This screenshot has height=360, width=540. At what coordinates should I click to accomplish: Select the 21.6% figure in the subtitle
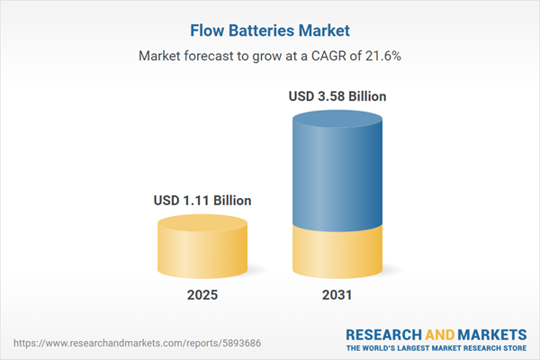pyautogui.click(x=380, y=56)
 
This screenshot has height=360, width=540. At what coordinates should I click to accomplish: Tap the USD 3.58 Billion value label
pyautogui.click(x=338, y=95)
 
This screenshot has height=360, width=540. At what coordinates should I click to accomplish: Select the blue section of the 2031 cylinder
pyautogui.click(x=338, y=171)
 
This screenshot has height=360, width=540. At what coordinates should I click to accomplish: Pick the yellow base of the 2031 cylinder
pyautogui.click(x=338, y=252)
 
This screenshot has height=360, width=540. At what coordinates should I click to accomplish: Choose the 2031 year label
pyautogui.click(x=338, y=294)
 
